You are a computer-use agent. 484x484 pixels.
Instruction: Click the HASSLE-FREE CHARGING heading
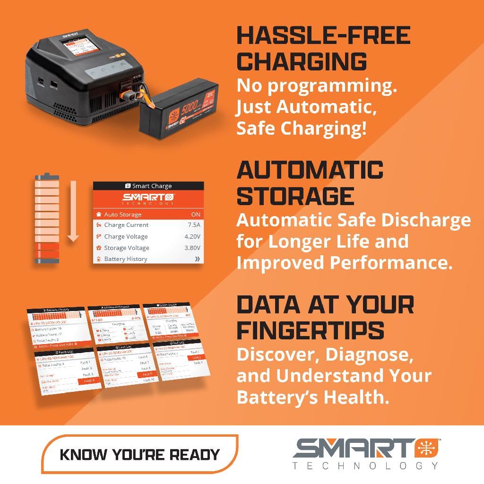[323, 48]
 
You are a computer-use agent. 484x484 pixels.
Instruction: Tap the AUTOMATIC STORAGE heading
[310, 183]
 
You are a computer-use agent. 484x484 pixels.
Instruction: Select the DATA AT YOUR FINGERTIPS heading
[325, 317]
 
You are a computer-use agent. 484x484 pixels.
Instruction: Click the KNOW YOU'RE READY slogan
[140, 455]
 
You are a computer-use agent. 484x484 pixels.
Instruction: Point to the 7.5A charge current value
[194, 225]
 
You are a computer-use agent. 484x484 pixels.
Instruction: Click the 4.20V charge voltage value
[192, 236]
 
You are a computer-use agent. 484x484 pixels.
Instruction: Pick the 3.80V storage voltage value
[192, 248]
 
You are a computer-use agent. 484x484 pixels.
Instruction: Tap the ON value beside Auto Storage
[195, 214]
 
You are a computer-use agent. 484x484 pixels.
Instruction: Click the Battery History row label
[125, 259]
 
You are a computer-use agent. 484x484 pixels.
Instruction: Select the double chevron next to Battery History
[197, 259]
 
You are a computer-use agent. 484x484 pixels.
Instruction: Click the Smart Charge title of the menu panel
[148, 186]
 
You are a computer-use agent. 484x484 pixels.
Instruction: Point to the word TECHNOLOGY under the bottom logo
[365, 466]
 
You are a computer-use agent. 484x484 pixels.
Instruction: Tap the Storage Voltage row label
[126, 248]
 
